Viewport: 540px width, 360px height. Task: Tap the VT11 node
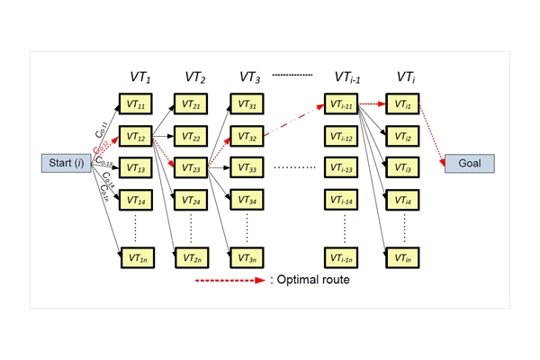136,104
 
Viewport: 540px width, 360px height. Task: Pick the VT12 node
136,136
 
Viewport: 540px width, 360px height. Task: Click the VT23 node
192,167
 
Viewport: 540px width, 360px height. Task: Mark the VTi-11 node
343,104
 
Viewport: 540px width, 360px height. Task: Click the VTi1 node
401,104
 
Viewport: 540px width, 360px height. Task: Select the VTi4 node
401,199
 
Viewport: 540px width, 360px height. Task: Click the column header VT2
197,79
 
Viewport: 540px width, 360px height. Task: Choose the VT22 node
192,136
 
